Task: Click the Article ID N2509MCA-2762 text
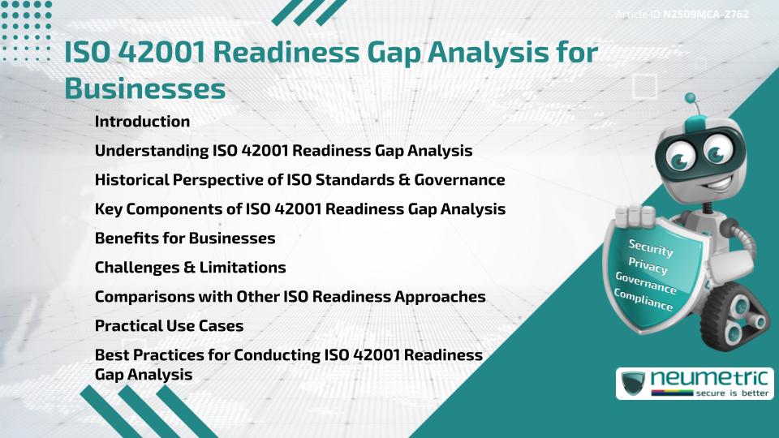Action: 682,14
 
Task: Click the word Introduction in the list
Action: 142,122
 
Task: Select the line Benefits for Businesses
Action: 185,238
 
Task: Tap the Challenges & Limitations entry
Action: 190,267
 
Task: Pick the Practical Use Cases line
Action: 169,326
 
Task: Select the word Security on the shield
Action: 651,248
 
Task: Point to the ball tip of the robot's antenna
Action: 691,99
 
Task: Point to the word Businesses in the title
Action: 144,89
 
